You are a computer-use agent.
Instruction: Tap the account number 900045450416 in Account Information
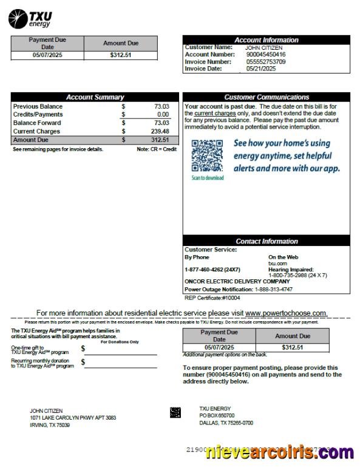click(265, 55)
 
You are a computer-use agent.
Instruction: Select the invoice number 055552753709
click(266, 61)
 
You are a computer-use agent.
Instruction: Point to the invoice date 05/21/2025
click(261, 69)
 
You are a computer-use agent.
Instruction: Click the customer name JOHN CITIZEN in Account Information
click(263, 47)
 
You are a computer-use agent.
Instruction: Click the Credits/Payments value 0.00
click(162, 114)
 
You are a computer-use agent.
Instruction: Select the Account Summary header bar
click(95, 97)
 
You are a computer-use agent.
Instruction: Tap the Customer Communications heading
click(266, 97)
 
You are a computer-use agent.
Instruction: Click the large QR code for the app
click(207, 155)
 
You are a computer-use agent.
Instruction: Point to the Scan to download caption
click(208, 178)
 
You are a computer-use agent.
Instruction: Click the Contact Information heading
click(266, 241)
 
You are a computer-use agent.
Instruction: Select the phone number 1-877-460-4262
click(212, 269)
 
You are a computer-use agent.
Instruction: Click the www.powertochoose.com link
click(286, 313)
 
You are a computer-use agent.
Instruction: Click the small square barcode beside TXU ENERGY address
click(175, 413)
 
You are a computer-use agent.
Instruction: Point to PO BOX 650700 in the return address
click(217, 415)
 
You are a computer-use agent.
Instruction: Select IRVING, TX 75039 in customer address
click(50, 425)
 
